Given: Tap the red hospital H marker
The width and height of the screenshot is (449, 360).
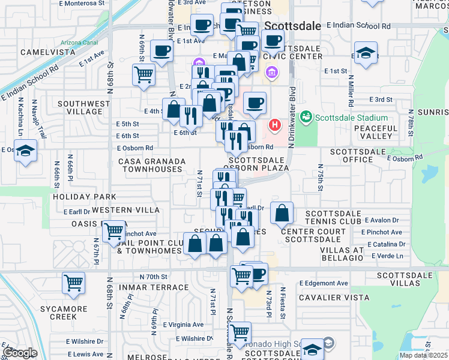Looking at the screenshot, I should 275,125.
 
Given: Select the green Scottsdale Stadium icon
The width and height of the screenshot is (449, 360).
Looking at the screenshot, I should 306,116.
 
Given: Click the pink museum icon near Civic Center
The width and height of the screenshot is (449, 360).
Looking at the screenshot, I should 272,73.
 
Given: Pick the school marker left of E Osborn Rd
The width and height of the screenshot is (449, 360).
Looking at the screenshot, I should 26,151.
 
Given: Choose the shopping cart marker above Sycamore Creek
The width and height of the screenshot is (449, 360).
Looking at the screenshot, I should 73,282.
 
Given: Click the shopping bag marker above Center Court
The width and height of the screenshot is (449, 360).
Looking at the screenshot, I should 282,212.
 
